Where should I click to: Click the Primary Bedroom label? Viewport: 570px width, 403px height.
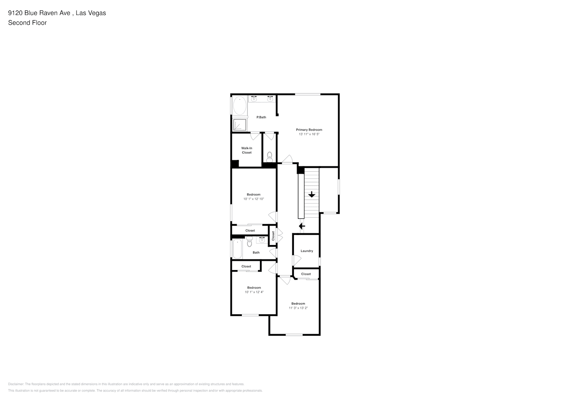(x=309, y=130)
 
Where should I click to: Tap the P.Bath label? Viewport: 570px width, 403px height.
(x=261, y=117)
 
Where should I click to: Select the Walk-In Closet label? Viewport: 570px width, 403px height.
(x=247, y=150)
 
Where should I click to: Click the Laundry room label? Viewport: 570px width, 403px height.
(x=307, y=251)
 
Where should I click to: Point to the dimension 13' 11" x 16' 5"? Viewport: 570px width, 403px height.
(x=309, y=134)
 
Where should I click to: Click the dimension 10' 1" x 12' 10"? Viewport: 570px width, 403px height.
(x=254, y=199)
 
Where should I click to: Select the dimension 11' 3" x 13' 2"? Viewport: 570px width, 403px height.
(x=298, y=308)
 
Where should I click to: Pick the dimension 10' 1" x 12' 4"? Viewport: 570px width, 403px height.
(x=254, y=292)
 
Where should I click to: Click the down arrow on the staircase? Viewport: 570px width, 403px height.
(x=312, y=195)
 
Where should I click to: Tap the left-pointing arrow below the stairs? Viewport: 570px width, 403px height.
(x=302, y=226)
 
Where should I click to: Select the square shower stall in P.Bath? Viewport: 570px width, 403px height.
(x=239, y=125)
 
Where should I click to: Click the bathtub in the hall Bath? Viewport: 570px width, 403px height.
(x=237, y=249)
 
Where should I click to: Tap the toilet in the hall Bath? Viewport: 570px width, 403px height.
(x=249, y=242)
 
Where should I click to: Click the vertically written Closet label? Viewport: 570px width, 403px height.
(x=273, y=236)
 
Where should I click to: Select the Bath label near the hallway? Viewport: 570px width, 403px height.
(x=256, y=253)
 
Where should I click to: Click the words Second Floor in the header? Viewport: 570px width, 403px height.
(x=27, y=23)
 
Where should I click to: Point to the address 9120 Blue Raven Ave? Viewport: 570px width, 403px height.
(x=40, y=13)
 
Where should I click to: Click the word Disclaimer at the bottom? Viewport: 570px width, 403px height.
(x=16, y=384)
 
